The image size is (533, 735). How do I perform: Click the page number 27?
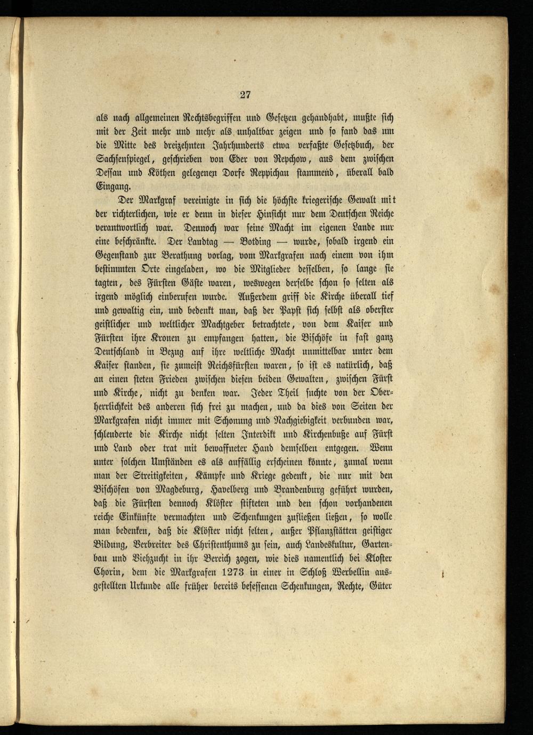(245, 95)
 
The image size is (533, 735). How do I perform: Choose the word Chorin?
(105, 572)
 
